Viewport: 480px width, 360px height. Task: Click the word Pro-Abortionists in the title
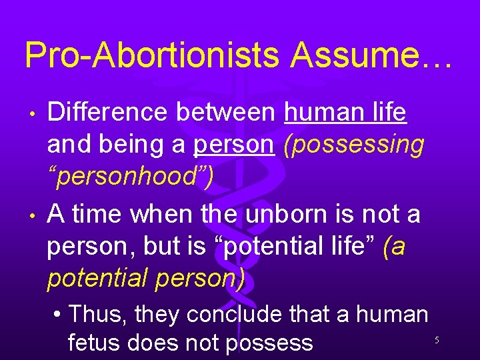point(151,56)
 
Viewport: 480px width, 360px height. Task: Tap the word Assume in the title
point(359,56)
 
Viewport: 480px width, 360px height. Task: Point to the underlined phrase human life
point(345,113)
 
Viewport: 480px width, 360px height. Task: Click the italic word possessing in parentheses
point(353,145)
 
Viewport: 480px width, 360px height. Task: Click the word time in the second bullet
point(95,214)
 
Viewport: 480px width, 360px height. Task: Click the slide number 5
point(437,340)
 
